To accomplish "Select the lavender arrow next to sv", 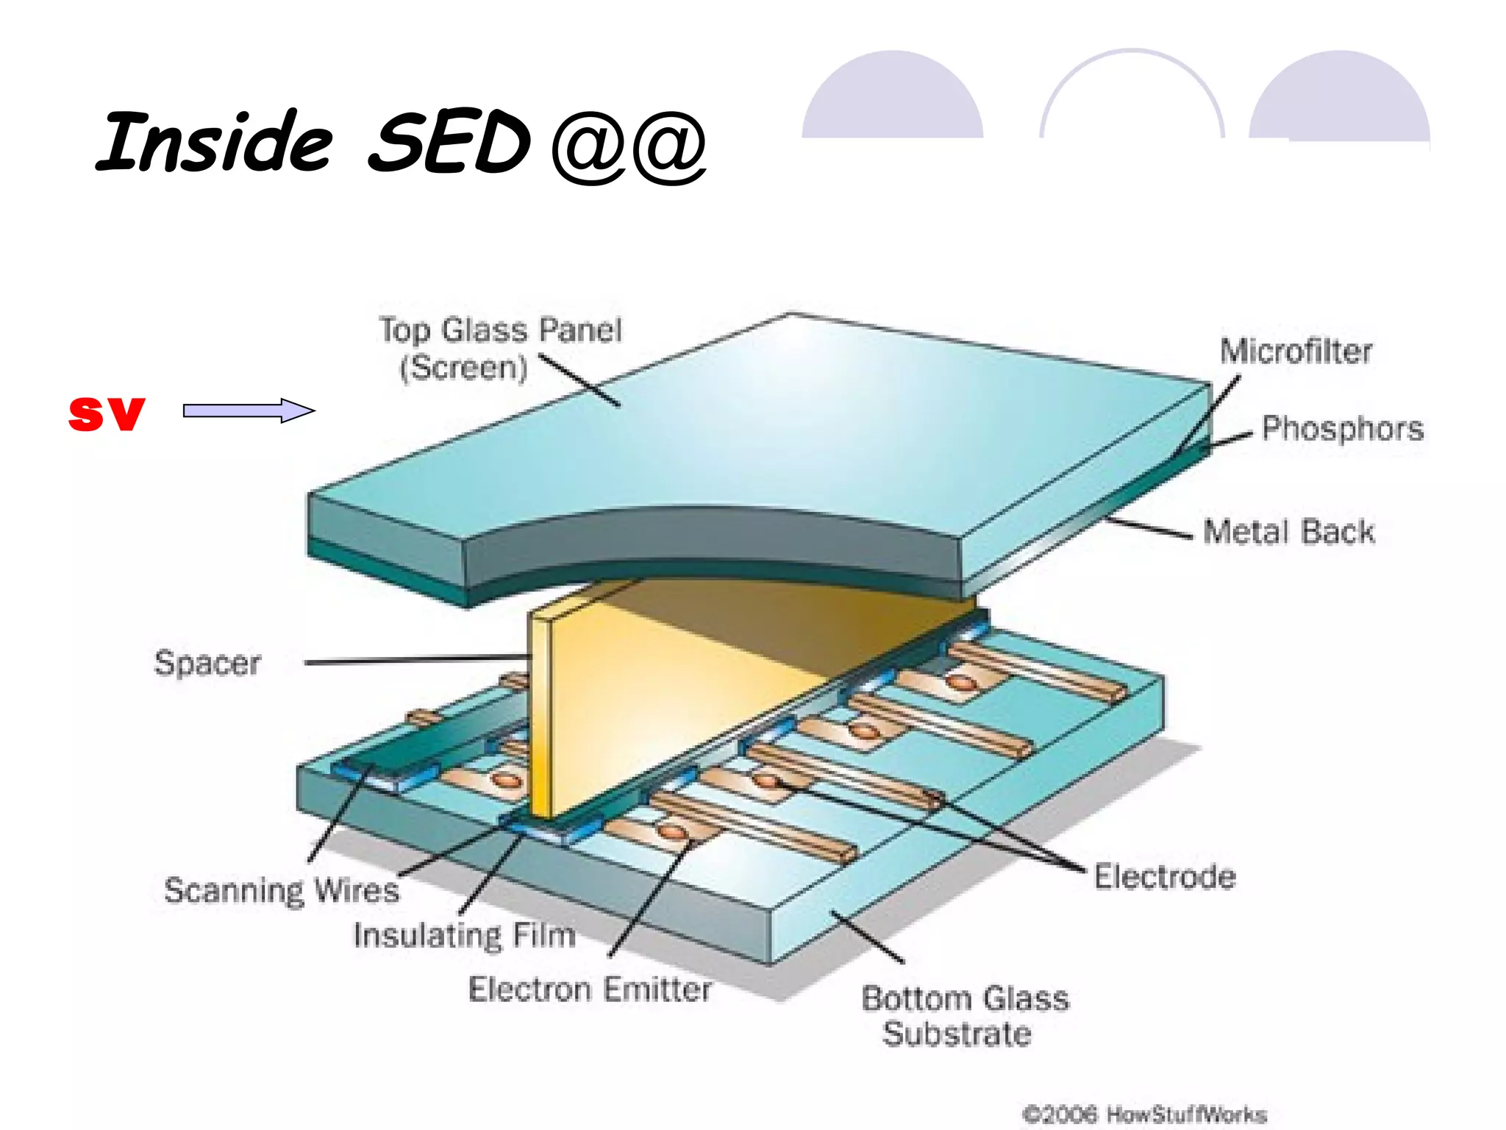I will click(x=249, y=411).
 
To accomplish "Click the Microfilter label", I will click(x=1296, y=351).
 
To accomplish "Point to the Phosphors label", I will click(x=1342, y=428).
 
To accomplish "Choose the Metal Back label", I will click(x=1288, y=531).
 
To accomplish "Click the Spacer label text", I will click(x=207, y=663).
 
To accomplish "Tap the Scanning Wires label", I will click(x=282, y=890).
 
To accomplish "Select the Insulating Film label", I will click(x=464, y=935).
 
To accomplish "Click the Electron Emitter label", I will click(x=590, y=989).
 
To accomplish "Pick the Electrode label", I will click(x=1164, y=877).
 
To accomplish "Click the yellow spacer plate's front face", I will click(x=662, y=706).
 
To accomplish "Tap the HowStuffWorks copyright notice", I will click(x=1144, y=1114).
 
